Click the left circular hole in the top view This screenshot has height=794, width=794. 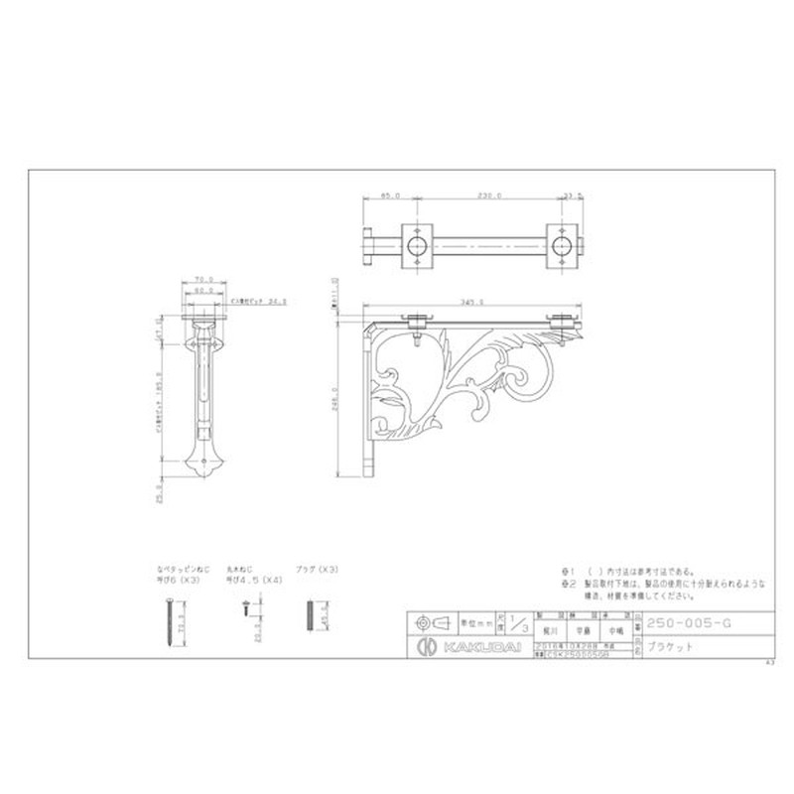point(417,245)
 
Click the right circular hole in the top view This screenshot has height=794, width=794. point(562,245)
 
